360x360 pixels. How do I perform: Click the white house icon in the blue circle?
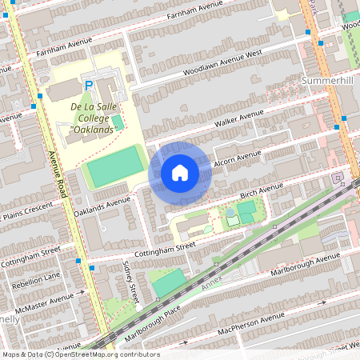coord(179,172)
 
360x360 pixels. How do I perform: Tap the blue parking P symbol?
coord(89,84)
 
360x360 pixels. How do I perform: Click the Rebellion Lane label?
coord(29,277)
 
